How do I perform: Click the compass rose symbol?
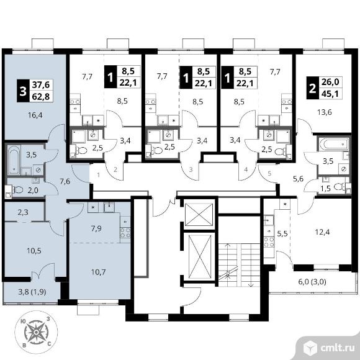pos(36,332)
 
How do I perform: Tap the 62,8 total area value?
pos(41,97)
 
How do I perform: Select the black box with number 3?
pos(23,91)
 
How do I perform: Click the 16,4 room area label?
pos(35,115)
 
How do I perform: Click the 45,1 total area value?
pos(330,94)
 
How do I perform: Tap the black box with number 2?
pos(312,88)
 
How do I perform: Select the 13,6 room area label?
pos(325,112)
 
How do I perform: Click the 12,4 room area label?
pos(322,232)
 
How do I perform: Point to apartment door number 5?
pos(269,173)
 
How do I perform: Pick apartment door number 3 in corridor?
pos(191,170)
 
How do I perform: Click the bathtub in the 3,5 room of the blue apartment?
pos(14,160)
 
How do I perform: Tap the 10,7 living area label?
pos(98,272)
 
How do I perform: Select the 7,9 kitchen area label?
pos(96,228)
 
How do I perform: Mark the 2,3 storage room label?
pos(23,212)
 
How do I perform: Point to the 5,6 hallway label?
pos(299,178)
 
